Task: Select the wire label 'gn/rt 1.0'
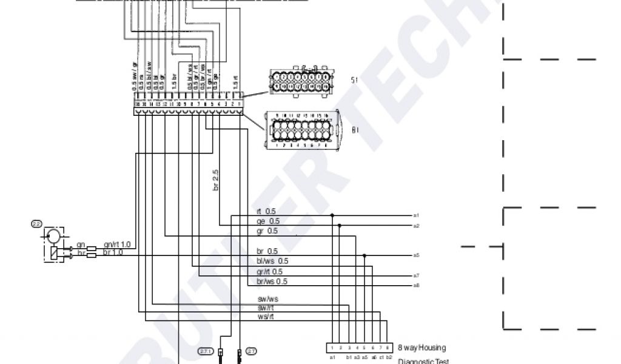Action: [117, 244]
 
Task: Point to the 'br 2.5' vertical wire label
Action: [215, 181]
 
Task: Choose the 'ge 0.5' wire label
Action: [267, 221]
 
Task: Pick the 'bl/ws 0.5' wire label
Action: [272, 261]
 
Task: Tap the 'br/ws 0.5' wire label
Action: [272, 281]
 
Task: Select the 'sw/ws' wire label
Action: [267, 299]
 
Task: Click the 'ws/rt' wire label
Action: [266, 316]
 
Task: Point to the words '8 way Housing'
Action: [421, 348]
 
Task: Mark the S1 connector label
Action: [355, 79]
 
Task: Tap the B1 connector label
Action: [356, 129]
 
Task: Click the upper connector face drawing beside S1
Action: [301, 83]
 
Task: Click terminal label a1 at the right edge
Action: [417, 215]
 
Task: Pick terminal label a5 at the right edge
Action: [417, 255]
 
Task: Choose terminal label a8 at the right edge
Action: [417, 285]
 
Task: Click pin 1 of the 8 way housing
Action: [332, 348]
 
